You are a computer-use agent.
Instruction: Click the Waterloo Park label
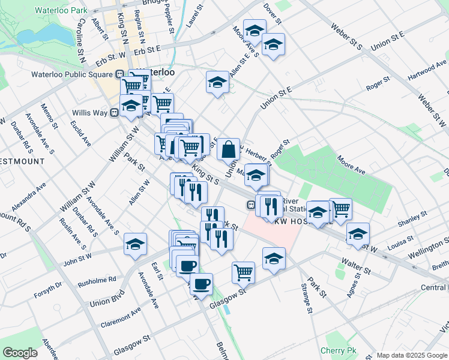(x=61, y=10)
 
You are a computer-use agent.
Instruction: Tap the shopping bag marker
(x=229, y=149)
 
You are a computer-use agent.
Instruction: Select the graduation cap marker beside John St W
(x=135, y=244)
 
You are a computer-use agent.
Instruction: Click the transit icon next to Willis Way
(x=113, y=113)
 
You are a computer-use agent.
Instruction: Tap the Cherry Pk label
(x=339, y=350)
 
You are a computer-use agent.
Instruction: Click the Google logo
(x=20, y=353)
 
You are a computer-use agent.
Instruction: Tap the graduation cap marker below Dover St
(x=255, y=30)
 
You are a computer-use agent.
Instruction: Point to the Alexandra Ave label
(x=29, y=196)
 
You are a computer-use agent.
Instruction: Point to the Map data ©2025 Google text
(x=411, y=355)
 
